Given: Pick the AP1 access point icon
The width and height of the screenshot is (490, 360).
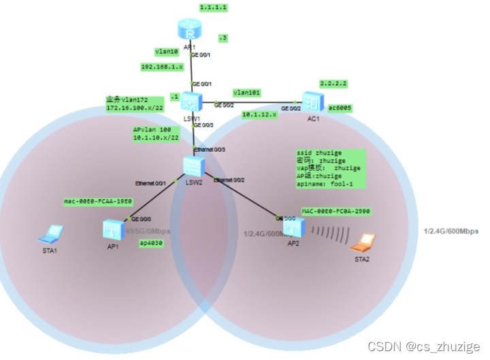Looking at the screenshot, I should (x=112, y=229).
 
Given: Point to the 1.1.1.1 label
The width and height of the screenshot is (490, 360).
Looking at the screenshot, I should (x=213, y=7).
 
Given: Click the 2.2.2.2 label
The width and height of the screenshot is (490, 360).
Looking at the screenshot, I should (x=334, y=84).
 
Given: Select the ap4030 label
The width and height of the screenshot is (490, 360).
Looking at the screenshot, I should (x=151, y=243).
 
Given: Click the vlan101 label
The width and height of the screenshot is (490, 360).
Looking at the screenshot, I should (x=247, y=92).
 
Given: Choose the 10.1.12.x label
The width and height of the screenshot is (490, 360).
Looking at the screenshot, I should (x=260, y=115).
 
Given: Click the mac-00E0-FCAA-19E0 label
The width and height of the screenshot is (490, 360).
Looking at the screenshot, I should (x=97, y=201).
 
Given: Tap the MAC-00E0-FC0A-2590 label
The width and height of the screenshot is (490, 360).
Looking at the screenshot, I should (x=336, y=212).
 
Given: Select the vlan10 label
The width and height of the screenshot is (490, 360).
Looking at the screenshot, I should (x=166, y=51).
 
